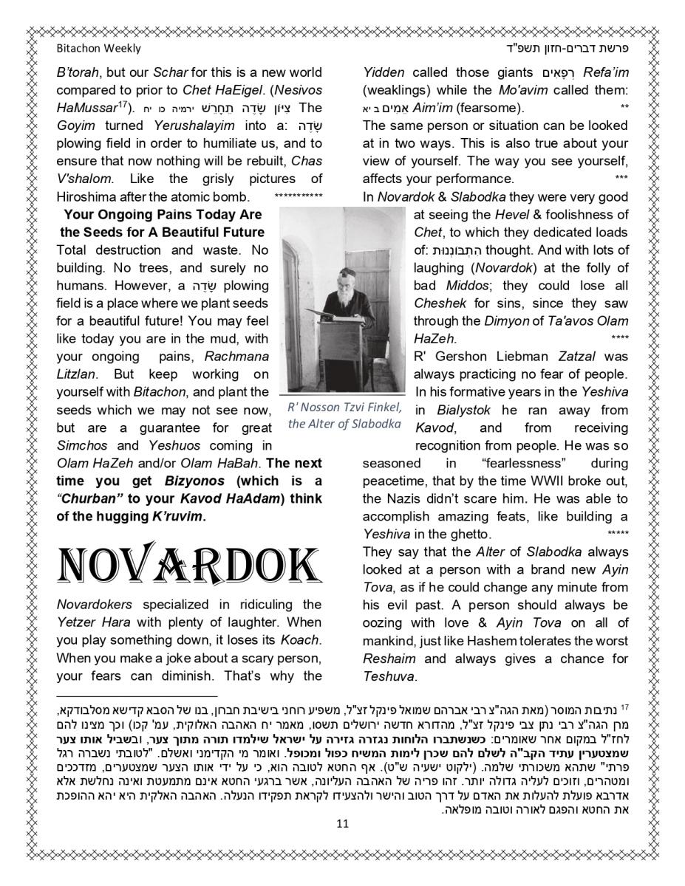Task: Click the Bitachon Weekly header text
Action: point(98,49)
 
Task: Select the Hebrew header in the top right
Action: point(584,49)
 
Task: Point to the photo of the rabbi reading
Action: point(344,299)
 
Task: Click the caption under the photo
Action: point(344,416)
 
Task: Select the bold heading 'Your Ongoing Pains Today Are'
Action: point(163,215)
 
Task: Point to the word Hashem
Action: point(499,640)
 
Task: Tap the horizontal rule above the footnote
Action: point(137,696)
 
